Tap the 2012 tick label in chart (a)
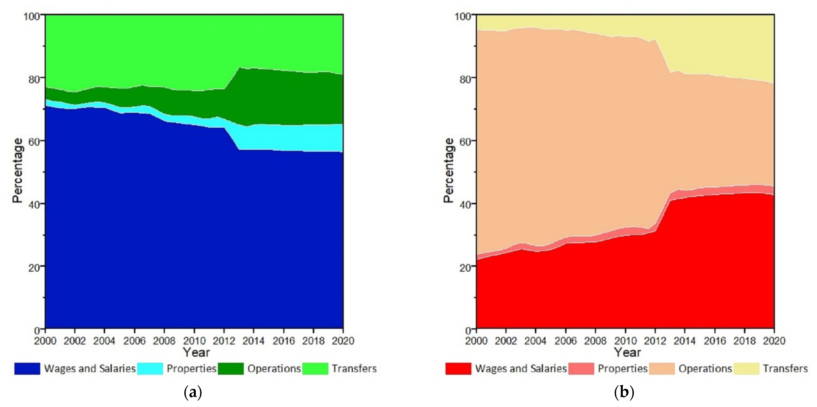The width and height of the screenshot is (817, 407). pyautogui.click(x=224, y=341)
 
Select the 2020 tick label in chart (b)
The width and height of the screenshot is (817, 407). pyautogui.click(x=774, y=341)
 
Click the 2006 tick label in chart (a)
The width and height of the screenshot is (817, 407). pyautogui.click(x=134, y=341)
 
